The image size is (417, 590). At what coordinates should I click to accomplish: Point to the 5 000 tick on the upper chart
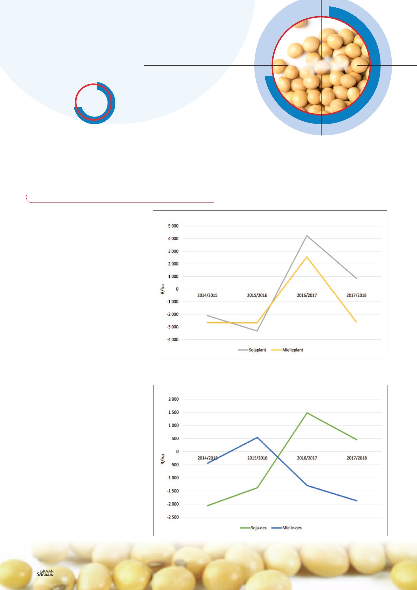[173, 226]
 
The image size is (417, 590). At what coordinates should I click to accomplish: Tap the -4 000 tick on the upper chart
[172, 339]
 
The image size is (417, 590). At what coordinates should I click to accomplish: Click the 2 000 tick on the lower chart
[173, 399]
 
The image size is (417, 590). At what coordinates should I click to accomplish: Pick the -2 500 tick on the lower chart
[173, 517]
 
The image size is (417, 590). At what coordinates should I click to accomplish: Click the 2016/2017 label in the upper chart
[307, 295]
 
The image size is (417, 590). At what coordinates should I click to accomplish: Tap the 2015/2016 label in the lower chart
[257, 458]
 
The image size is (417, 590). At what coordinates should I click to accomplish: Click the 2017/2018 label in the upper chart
[356, 295]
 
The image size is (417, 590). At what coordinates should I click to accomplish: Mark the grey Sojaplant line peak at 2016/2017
[307, 236]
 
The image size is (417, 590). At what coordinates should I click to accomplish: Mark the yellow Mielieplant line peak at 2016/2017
[307, 257]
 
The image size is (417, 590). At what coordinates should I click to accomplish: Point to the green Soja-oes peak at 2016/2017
[307, 413]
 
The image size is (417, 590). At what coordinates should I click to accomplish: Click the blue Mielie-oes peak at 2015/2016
[257, 437]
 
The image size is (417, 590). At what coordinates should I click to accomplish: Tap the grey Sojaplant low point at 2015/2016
[257, 331]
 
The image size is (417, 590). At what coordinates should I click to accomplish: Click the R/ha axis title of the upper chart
[163, 289]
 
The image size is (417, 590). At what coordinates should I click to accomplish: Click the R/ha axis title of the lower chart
[163, 459]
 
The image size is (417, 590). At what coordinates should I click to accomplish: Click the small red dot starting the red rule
[26, 195]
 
